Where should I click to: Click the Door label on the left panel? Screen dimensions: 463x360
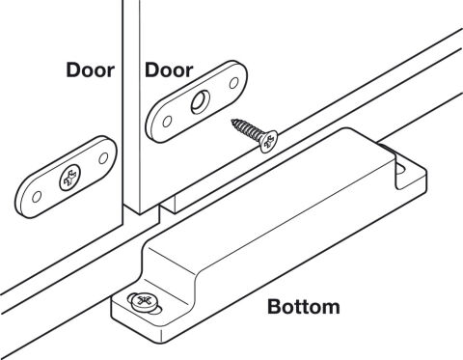[x=90, y=69]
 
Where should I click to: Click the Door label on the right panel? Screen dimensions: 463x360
[x=169, y=69]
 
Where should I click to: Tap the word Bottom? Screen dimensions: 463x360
[x=304, y=307]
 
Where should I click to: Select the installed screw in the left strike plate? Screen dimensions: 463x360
[x=69, y=178]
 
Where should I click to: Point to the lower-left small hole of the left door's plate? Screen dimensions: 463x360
[x=37, y=197]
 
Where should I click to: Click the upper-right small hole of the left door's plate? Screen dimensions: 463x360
[x=103, y=158]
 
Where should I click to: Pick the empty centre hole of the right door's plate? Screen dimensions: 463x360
[x=201, y=101]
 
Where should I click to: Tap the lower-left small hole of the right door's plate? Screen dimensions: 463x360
[x=167, y=122]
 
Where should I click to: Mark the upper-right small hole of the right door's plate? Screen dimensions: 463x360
[x=234, y=83]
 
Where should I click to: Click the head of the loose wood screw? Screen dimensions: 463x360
[x=269, y=142]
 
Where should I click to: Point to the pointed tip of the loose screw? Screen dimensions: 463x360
[x=232, y=121]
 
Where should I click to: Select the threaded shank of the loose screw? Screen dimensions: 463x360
[x=248, y=129]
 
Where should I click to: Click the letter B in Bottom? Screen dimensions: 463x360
[x=274, y=307]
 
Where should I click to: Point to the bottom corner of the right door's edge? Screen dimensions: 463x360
[x=140, y=214]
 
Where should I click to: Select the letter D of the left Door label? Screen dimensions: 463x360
[x=73, y=69]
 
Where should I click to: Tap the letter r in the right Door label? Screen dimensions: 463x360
[x=189, y=72]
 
